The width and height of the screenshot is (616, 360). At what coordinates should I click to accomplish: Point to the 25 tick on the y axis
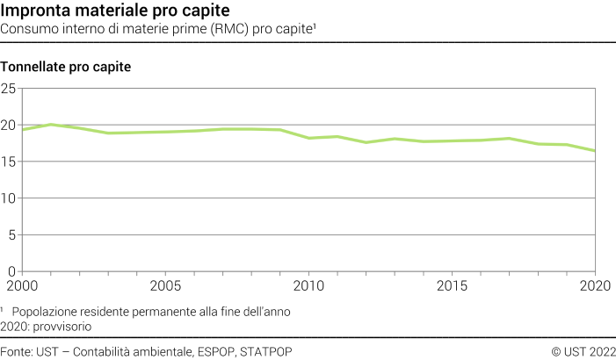(x=10, y=89)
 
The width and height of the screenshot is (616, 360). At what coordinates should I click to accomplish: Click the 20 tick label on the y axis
(x=10, y=126)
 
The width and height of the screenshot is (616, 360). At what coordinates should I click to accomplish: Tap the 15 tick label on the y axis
(x=10, y=162)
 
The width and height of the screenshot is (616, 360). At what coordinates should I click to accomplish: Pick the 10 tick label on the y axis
(x=10, y=198)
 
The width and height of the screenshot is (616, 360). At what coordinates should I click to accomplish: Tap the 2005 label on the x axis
(x=166, y=285)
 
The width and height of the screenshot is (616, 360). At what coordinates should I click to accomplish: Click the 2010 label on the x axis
(x=309, y=285)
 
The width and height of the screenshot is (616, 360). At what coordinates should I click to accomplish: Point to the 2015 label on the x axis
(x=453, y=285)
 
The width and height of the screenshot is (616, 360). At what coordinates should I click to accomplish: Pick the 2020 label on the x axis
(x=594, y=285)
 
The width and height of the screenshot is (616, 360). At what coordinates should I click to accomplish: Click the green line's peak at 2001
(x=52, y=125)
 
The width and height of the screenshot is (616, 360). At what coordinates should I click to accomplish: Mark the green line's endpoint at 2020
(x=595, y=151)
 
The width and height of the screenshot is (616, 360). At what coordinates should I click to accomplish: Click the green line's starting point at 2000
(x=24, y=130)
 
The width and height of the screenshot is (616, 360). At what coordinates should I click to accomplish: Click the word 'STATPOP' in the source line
(x=265, y=351)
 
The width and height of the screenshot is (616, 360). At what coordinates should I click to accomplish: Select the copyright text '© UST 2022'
(x=583, y=351)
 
